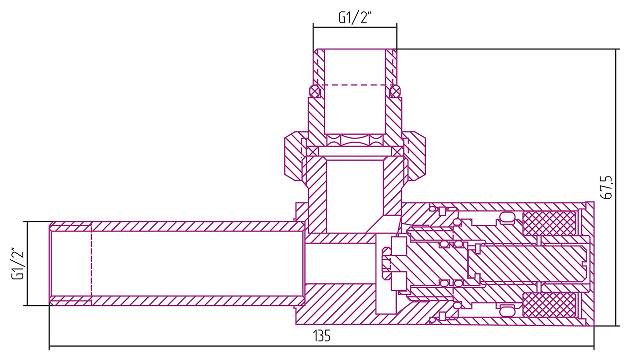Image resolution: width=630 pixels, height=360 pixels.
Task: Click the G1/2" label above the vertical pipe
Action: (354, 18)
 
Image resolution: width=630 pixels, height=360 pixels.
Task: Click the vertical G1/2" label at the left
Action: (18, 263)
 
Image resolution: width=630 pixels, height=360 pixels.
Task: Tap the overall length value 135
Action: (322, 337)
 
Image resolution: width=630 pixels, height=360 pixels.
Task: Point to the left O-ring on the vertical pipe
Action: (315, 91)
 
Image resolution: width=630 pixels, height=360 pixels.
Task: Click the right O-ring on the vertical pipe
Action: (395, 91)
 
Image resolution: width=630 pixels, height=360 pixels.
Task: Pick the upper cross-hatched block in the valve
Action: (549, 223)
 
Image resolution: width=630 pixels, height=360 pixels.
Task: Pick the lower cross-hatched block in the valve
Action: (549, 305)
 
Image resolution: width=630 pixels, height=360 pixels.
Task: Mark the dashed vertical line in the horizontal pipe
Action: (92, 263)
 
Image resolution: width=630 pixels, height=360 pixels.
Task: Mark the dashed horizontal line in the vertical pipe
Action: (354, 85)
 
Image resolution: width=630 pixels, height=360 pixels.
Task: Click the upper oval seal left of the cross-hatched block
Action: (507, 217)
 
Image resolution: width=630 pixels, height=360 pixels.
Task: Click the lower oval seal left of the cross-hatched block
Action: (507, 309)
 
